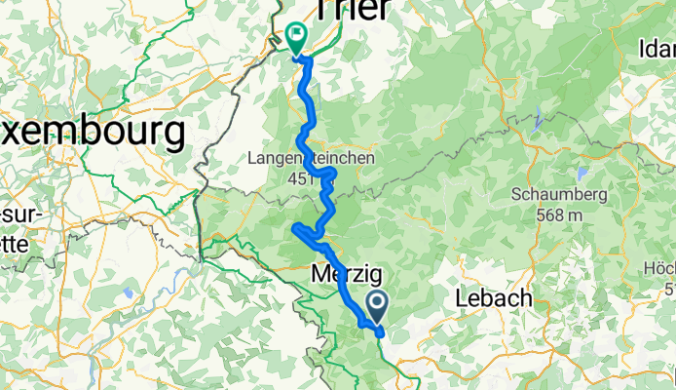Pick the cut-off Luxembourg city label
pyautogui.click(x=93, y=130)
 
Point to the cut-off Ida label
pyautogui.click(x=657, y=48)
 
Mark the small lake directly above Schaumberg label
pyautogui.click(x=582, y=174)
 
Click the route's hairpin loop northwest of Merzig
pyautogui.click(x=297, y=229)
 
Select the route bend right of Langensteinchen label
pyautogui.click(x=332, y=174)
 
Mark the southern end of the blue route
pyautogui.click(x=380, y=332)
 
